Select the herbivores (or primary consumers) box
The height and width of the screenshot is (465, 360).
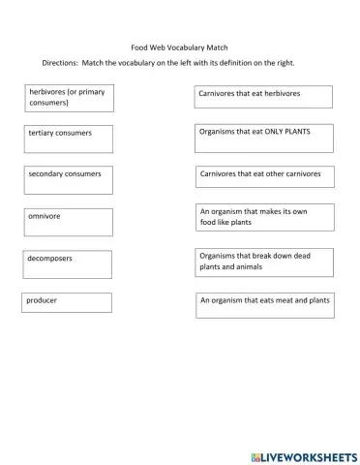click(69, 97)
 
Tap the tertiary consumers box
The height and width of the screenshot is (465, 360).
click(69, 139)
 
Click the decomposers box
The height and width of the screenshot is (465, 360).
click(67, 264)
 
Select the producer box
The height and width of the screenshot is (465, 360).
click(67, 302)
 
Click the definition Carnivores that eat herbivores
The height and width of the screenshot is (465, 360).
click(263, 96)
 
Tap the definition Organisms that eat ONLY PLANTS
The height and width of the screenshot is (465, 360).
click(264, 138)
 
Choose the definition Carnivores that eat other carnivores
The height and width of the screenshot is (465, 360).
click(264, 178)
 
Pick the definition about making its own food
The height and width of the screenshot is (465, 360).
click(264, 218)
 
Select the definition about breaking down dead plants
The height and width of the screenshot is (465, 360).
click(264, 262)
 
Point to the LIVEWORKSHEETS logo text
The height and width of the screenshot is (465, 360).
click(310, 455)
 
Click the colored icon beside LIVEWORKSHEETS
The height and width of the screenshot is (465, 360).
click(255, 455)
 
